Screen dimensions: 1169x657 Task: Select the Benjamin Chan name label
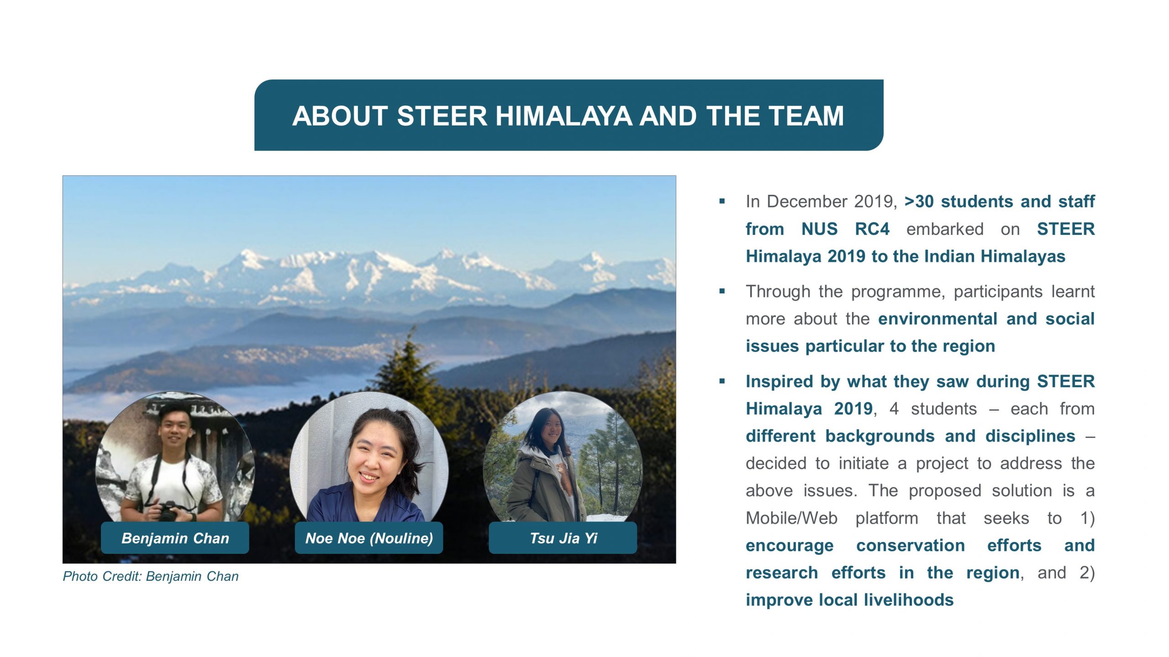point(175,538)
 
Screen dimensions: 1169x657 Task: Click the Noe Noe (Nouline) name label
point(369,538)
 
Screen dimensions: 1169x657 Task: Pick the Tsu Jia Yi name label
point(563,538)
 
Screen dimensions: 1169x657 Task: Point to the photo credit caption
point(151,576)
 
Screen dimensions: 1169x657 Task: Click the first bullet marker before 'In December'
point(722,201)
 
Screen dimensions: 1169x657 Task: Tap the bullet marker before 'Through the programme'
point(722,291)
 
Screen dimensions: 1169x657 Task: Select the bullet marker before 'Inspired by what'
point(722,381)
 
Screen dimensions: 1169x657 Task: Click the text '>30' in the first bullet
point(919,201)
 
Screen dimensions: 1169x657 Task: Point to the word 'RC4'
point(872,229)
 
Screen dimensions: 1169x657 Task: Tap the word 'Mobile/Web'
point(792,518)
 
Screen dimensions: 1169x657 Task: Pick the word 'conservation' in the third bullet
point(911,545)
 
